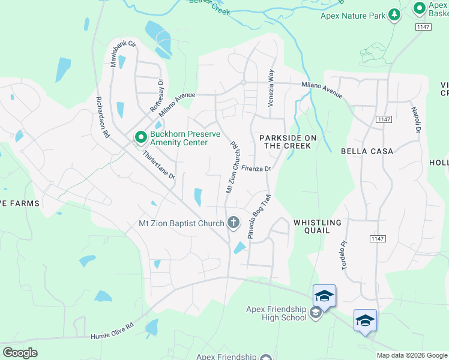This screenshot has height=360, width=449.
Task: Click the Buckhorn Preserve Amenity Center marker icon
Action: point(141,138)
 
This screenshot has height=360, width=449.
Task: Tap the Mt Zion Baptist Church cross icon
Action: point(233,223)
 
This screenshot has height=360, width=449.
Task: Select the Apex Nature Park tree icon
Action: point(394,15)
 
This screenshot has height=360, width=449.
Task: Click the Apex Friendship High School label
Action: point(276,313)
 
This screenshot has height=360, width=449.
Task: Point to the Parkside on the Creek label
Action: point(288,142)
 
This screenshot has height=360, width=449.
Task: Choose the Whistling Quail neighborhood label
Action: point(317,227)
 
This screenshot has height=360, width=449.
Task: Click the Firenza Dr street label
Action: point(257,169)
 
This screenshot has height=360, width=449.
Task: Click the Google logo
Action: point(20,353)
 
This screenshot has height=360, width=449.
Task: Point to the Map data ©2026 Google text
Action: point(412,355)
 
